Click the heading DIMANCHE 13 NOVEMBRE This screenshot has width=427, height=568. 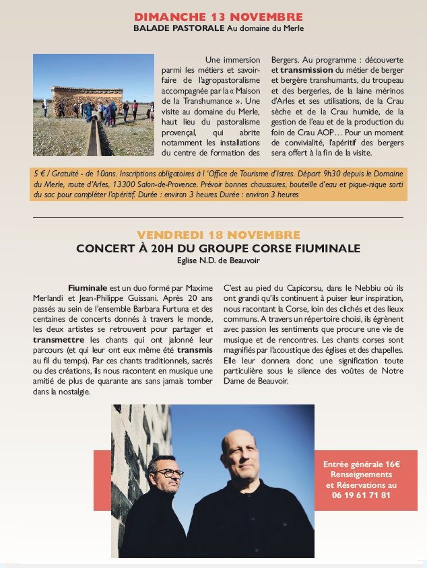218,17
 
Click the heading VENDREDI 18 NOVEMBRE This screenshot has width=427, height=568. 218,235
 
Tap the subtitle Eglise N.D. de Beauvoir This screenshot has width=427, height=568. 218,260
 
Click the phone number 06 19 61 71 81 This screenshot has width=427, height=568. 360,495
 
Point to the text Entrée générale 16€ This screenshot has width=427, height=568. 361,464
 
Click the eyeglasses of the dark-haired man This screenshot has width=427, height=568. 165,473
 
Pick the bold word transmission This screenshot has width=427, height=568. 306,69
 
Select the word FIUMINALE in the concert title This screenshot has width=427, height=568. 325,248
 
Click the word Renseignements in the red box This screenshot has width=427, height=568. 361,474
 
